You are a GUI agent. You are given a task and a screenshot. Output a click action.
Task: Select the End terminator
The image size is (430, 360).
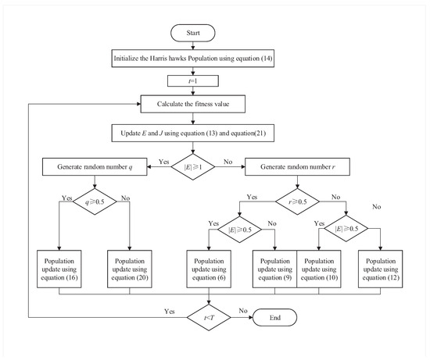tap(274, 319)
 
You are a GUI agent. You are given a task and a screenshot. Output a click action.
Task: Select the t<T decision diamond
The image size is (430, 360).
tap(210, 319)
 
